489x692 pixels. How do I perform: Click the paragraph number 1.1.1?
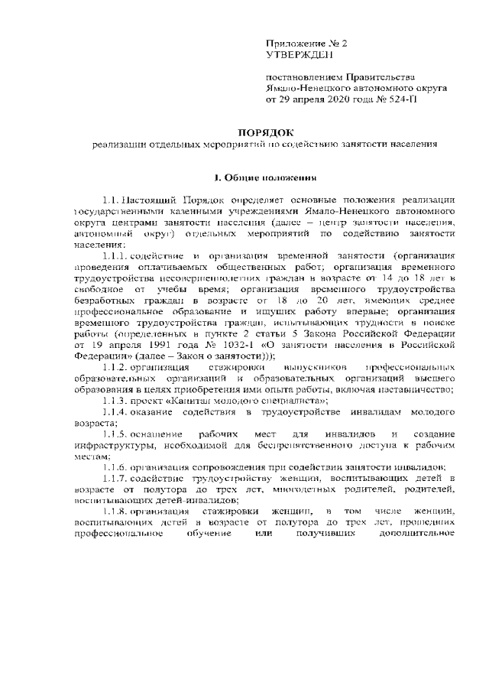tap(115, 254)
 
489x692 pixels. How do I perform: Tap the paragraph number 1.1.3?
tap(115, 401)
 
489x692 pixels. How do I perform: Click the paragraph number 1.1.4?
tap(115, 412)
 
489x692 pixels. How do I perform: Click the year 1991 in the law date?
tap(139, 345)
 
